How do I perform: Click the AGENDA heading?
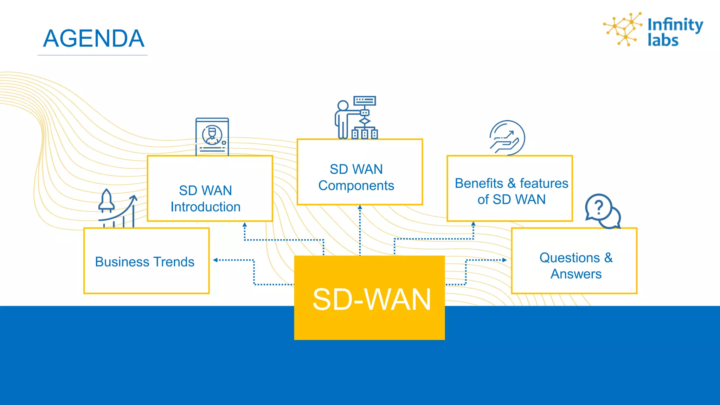(x=94, y=38)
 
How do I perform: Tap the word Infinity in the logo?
(x=675, y=25)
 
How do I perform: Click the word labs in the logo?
(x=663, y=40)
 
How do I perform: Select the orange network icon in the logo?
(x=623, y=29)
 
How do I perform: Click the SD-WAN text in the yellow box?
(x=371, y=300)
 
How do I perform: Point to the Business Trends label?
(x=144, y=262)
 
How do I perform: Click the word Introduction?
(x=206, y=207)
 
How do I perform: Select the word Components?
(x=356, y=185)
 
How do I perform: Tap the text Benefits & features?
(x=511, y=183)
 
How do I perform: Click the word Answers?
(x=576, y=274)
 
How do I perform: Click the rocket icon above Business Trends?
(x=107, y=201)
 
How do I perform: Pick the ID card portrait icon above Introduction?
(x=212, y=136)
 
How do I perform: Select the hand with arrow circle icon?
(x=507, y=138)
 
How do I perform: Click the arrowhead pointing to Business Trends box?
(x=216, y=260)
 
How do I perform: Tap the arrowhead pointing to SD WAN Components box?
(x=360, y=207)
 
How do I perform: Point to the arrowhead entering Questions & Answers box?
(x=504, y=260)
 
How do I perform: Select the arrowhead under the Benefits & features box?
(x=473, y=224)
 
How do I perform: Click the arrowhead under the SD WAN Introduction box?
(x=245, y=224)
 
